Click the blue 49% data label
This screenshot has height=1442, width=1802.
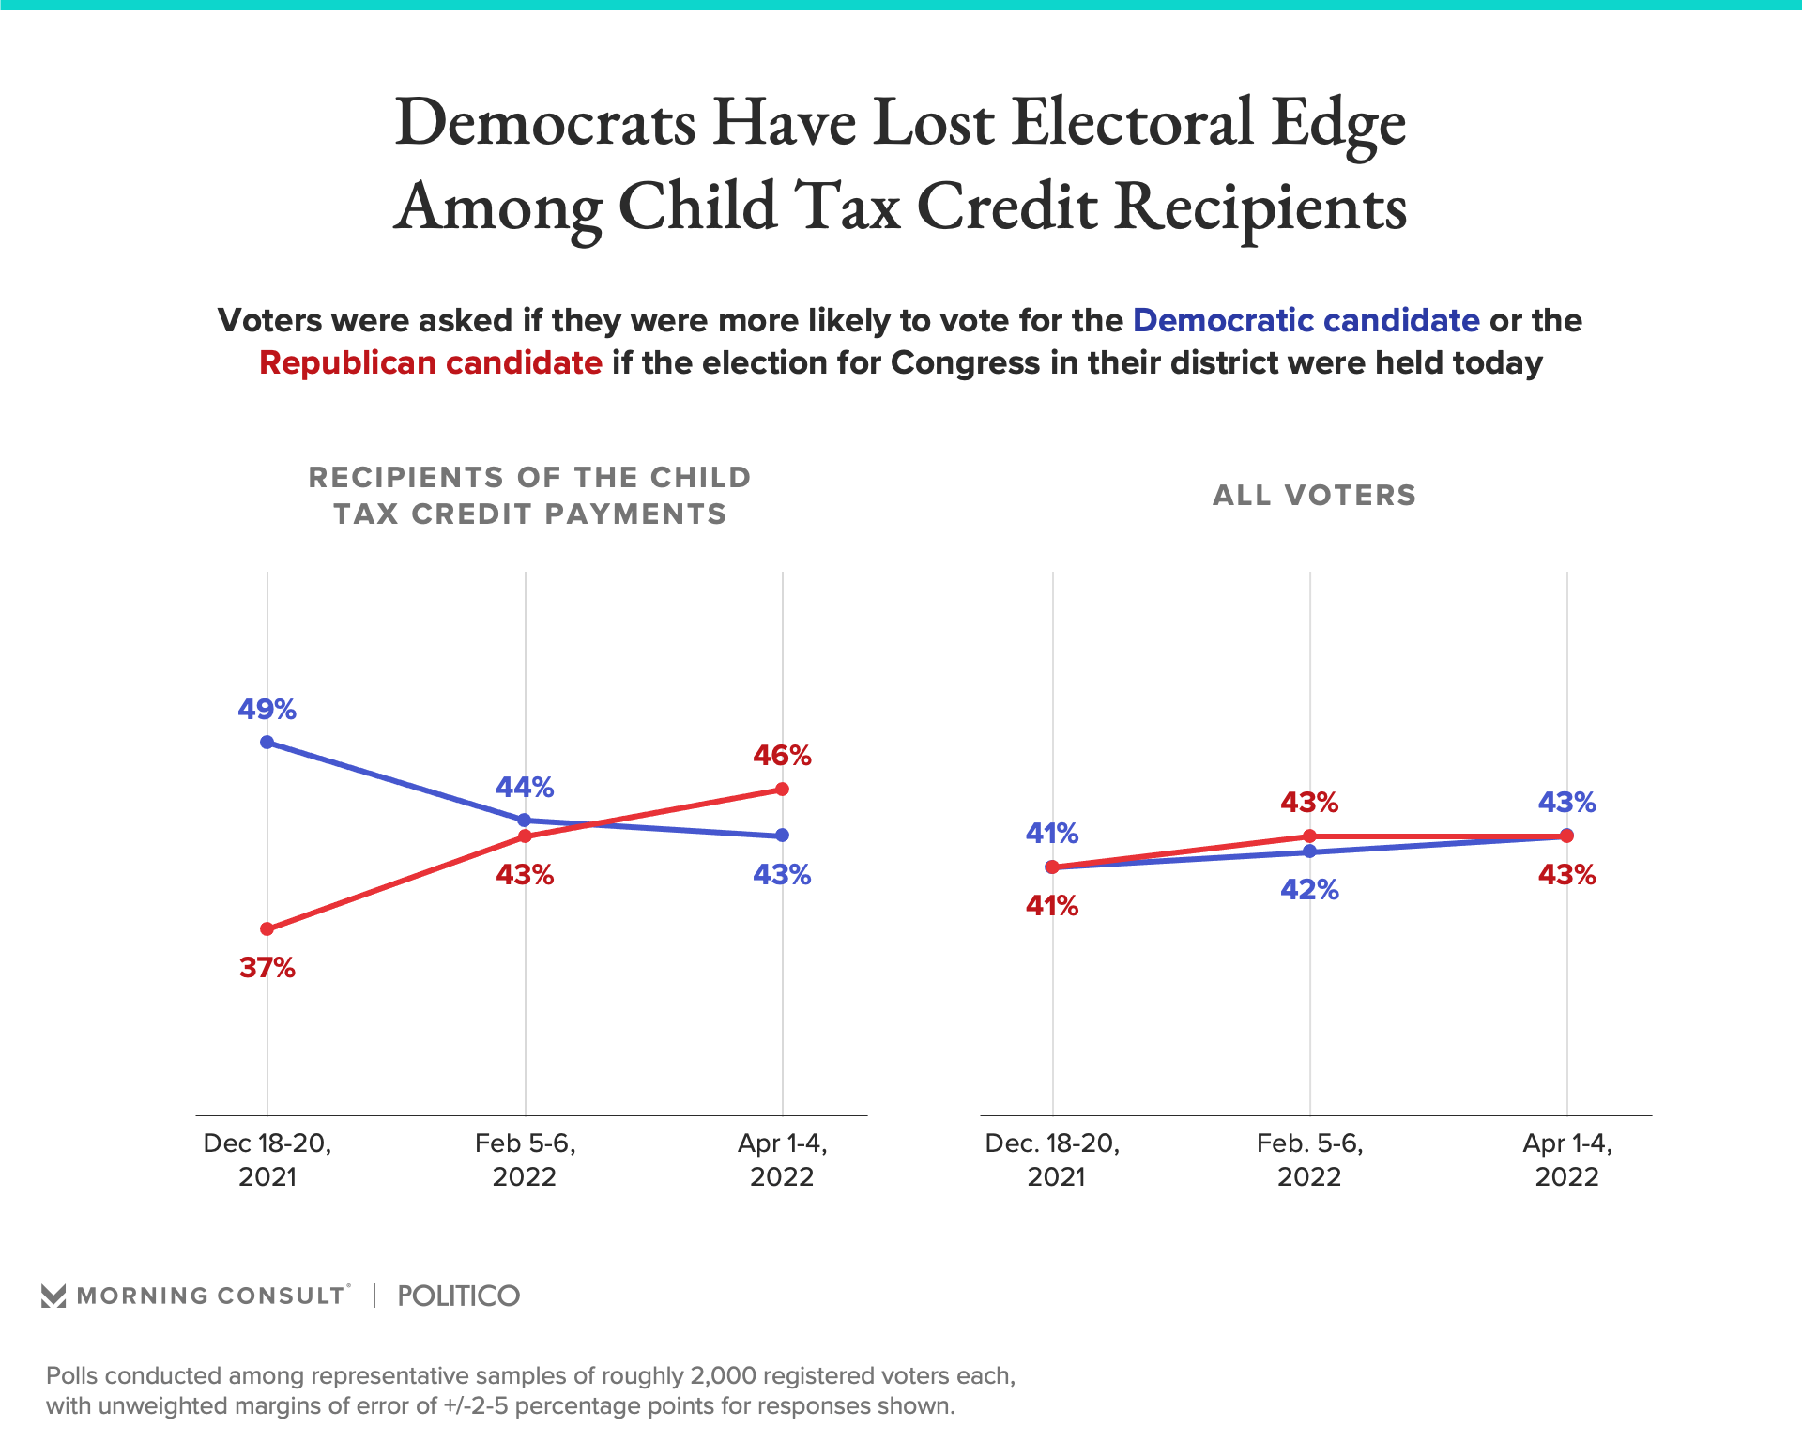tap(267, 709)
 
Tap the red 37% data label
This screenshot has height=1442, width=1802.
tap(267, 967)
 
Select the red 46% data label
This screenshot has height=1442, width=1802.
tap(782, 755)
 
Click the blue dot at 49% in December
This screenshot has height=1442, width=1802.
tap(267, 742)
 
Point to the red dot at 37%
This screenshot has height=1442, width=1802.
tap(267, 928)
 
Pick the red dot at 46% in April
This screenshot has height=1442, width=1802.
tap(782, 789)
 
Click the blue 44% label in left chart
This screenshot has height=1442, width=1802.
tap(525, 787)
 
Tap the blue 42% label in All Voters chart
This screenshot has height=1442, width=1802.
tap(1309, 889)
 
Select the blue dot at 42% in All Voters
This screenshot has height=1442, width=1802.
tap(1309, 851)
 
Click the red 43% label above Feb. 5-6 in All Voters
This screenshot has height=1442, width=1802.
tap(1309, 802)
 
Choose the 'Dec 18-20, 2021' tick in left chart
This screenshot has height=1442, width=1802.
tap(267, 1159)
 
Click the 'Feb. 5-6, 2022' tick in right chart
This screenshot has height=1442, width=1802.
tap(1309, 1159)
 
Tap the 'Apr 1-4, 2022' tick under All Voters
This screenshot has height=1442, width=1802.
tap(1566, 1159)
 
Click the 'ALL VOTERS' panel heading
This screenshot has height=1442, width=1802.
tap(1314, 495)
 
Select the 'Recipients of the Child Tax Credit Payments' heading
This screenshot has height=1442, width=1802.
tap(530, 496)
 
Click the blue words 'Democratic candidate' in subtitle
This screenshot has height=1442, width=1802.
tap(1306, 320)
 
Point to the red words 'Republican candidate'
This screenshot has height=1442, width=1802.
tap(431, 362)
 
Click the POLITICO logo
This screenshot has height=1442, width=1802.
tap(458, 1296)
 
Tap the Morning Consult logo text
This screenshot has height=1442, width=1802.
tap(211, 1296)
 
